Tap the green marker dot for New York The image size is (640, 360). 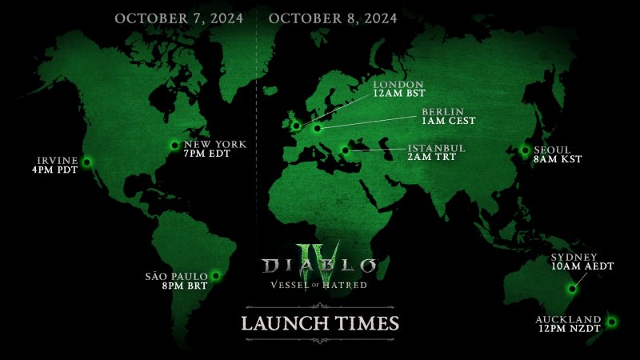coord(175,144)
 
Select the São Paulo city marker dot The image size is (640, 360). coord(215,276)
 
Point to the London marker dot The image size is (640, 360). coord(297,125)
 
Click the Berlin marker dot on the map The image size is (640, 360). coord(318,127)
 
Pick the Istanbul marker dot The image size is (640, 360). coord(345,149)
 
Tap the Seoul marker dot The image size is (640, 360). coord(526,150)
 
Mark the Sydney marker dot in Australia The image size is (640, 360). coord(571,289)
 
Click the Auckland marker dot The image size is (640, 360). coord(611,322)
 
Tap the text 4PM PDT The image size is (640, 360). coord(50,170)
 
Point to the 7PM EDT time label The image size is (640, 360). coord(206,154)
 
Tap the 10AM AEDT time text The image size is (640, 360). coord(582,266)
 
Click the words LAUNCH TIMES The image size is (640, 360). coord(320,324)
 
